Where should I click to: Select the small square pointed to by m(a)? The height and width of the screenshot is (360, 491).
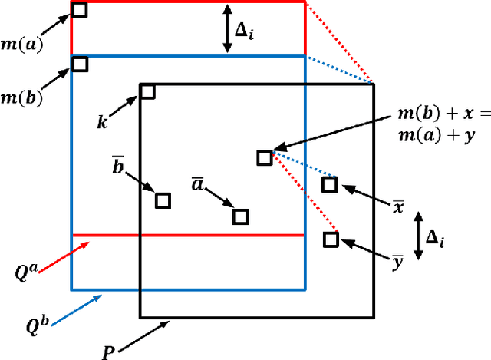(80, 9)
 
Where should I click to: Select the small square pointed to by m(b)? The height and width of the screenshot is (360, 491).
(80, 64)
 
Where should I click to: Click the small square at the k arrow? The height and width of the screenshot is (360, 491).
(147, 92)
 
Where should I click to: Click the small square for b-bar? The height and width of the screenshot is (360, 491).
(163, 200)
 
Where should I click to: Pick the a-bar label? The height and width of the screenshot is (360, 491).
(197, 184)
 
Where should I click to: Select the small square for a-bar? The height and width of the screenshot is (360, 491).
(241, 216)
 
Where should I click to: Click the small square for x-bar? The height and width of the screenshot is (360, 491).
(329, 184)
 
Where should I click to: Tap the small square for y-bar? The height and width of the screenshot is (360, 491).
(331, 239)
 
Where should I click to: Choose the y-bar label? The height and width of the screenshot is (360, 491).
(398, 263)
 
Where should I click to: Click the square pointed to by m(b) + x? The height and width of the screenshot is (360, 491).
(265, 157)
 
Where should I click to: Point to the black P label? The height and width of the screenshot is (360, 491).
(110, 352)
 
